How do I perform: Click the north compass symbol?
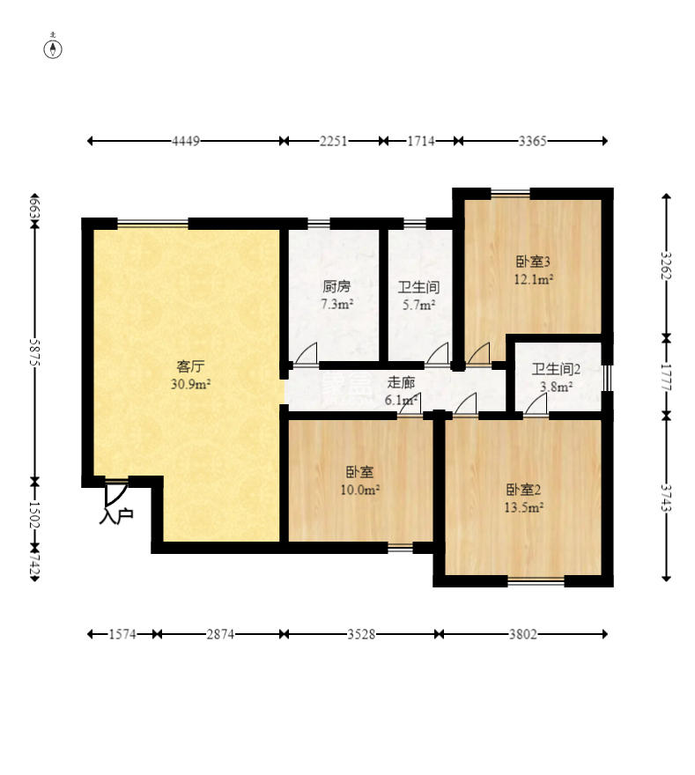pyautogui.click(x=53, y=49)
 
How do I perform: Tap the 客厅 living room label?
pyautogui.click(x=190, y=366)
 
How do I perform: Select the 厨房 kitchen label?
pyautogui.click(x=336, y=286)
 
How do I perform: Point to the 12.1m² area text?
pyautogui.click(x=533, y=279)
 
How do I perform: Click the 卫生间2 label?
pyautogui.click(x=556, y=369)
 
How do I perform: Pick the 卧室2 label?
pyautogui.click(x=523, y=490)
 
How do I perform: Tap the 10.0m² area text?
pyautogui.click(x=360, y=490)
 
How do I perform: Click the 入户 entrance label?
pyautogui.click(x=116, y=515)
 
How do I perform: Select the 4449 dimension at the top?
pyautogui.click(x=186, y=142)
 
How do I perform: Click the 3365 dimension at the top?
pyautogui.click(x=532, y=142)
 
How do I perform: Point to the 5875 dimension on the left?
pyautogui.click(x=34, y=352)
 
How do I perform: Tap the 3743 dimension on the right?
pyautogui.click(x=666, y=498)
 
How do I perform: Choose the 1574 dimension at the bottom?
pyautogui.click(x=122, y=633)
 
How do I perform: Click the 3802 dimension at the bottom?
pyautogui.click(x=523, y=633)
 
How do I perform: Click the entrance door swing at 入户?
pyautogui.click(x=116, y=495)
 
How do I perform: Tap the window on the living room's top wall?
pyautogui.click(x=152, y=224)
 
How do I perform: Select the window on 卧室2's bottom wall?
pyautogui.click(x=536, y=581)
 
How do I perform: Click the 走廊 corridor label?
pyautogui.click(x=401, y=382)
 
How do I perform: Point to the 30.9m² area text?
pyautogui.click(x=191, y=384)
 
